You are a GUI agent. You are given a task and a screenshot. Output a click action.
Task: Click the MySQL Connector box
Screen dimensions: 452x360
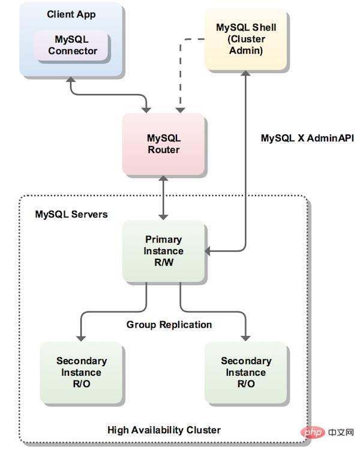tap(73, 46)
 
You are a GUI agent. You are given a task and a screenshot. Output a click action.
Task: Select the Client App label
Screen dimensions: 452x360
tap(71, 14)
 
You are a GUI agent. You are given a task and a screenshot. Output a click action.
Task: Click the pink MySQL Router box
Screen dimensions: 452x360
tap(164, 144)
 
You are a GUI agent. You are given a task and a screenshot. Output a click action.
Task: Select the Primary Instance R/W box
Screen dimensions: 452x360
tap(164, 251)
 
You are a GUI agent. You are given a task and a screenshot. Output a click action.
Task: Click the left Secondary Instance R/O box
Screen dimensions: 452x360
tap(82, 372)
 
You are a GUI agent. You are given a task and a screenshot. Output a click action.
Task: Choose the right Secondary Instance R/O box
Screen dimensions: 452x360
tap(246, 372)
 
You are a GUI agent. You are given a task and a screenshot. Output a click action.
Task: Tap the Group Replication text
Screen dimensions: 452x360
tap(169, 325)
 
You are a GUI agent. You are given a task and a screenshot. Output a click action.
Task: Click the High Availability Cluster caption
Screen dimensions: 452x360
tap(164, 430)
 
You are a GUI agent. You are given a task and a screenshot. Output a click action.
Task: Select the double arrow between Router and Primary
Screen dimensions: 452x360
tap(163, 197)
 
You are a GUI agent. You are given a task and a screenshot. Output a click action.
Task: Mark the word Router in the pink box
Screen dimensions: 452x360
tap(164, 149)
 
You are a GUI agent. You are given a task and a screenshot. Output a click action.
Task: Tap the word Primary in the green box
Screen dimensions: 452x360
tap(164, 240)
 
